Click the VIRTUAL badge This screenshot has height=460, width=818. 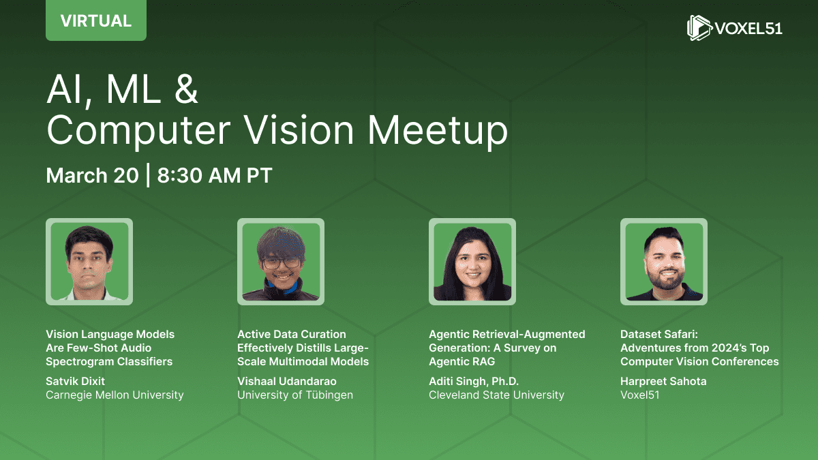(96, 20)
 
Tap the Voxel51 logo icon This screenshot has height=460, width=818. (699, 27)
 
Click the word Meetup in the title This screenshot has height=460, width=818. (437, 131)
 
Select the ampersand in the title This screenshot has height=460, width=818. (186, 89)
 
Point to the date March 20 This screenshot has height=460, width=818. (93, 175)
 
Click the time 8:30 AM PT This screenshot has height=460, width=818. (215, 175)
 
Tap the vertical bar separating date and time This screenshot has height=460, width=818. (148, 175)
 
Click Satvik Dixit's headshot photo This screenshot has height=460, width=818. (89, 262)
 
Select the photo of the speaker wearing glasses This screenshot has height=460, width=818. (281, 262)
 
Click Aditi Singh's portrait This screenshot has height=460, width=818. (472, 262)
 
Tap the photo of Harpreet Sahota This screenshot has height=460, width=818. (664, 262)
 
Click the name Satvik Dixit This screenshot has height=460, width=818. (75, 381)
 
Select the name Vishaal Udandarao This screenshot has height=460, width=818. (287, 381)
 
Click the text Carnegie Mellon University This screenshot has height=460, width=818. (115, 395)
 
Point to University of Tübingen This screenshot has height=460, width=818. (295, 395)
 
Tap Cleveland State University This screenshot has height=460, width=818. (497, 395)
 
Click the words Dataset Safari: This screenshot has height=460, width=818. (659, 334)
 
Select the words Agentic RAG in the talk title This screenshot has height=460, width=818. (462, 361)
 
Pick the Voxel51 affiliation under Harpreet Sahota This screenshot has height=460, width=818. (640, 395)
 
